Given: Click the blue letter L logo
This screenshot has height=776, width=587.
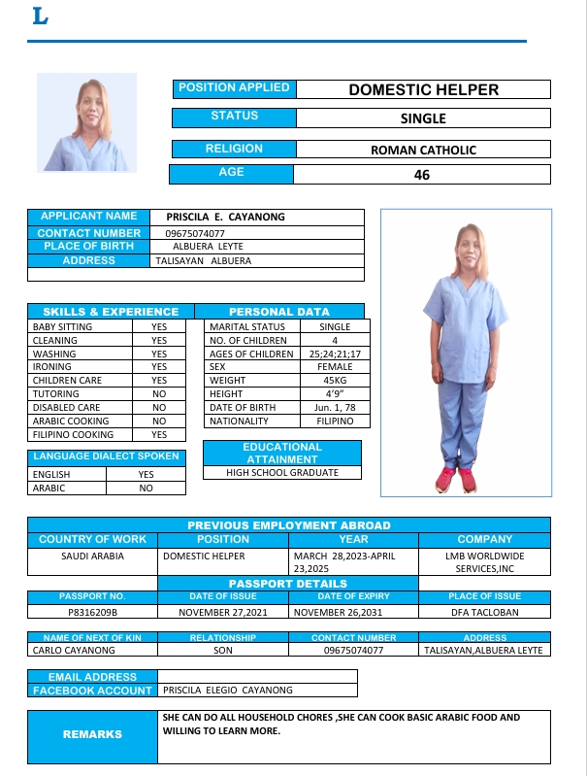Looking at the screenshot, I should point(40,17).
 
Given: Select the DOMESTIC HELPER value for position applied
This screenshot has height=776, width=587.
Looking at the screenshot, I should point(423,89).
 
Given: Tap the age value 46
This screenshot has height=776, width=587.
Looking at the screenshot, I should point(421,175).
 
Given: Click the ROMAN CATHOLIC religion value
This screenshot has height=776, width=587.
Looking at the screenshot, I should point(423,150).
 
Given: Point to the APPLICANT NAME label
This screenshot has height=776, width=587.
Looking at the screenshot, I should point(88,217).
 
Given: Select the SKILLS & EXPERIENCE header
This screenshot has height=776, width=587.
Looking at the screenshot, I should point(111,312).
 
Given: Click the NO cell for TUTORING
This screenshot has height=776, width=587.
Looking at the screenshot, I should point(159,394).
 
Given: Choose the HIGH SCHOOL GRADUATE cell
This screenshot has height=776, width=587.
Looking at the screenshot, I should point(282,473).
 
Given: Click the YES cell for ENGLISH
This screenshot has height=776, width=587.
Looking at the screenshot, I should point(147,475).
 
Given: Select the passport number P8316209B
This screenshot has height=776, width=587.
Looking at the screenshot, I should point(92,613).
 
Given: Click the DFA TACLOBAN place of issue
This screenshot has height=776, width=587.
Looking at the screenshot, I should point(484,613).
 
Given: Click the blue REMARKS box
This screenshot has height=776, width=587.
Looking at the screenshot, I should point(92,735).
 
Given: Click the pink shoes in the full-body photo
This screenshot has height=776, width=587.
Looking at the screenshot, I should point(456,479).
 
